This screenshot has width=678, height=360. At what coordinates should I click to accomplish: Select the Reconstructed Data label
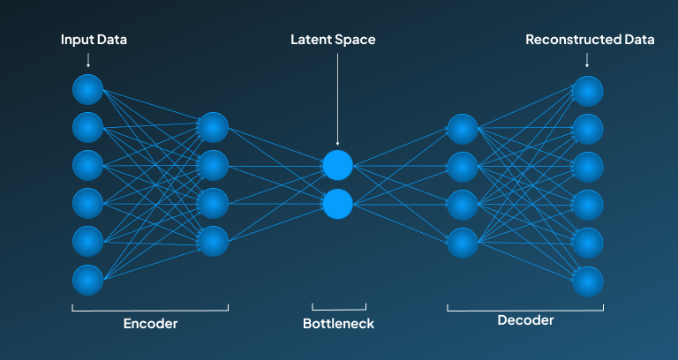[590, 40]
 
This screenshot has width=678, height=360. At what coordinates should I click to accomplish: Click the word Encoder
[149, 323]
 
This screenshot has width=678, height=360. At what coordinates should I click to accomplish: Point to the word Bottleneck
[338, 323]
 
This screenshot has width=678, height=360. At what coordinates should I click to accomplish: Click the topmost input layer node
[87, 89]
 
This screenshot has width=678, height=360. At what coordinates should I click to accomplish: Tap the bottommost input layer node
[87, 279]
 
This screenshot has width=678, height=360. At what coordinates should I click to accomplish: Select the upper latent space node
[337, 165]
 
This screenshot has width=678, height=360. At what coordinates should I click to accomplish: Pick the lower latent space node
[337, 204]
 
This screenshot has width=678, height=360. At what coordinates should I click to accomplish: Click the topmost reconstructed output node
[588, 91]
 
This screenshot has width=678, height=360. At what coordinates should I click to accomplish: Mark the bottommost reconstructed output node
[588, 281]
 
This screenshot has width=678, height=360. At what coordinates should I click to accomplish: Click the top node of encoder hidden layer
[213, 127]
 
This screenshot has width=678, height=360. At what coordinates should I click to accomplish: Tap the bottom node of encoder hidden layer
[213, 241]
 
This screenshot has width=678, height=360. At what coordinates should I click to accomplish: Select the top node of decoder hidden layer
[463, 129]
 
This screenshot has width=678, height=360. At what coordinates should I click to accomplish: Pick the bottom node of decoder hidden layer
[463, 242]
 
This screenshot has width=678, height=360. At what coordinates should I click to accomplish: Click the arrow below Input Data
[87, 60]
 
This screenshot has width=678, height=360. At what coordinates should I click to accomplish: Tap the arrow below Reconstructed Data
[588, 60]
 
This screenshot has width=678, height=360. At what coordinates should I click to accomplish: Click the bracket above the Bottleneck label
[339, 308]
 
